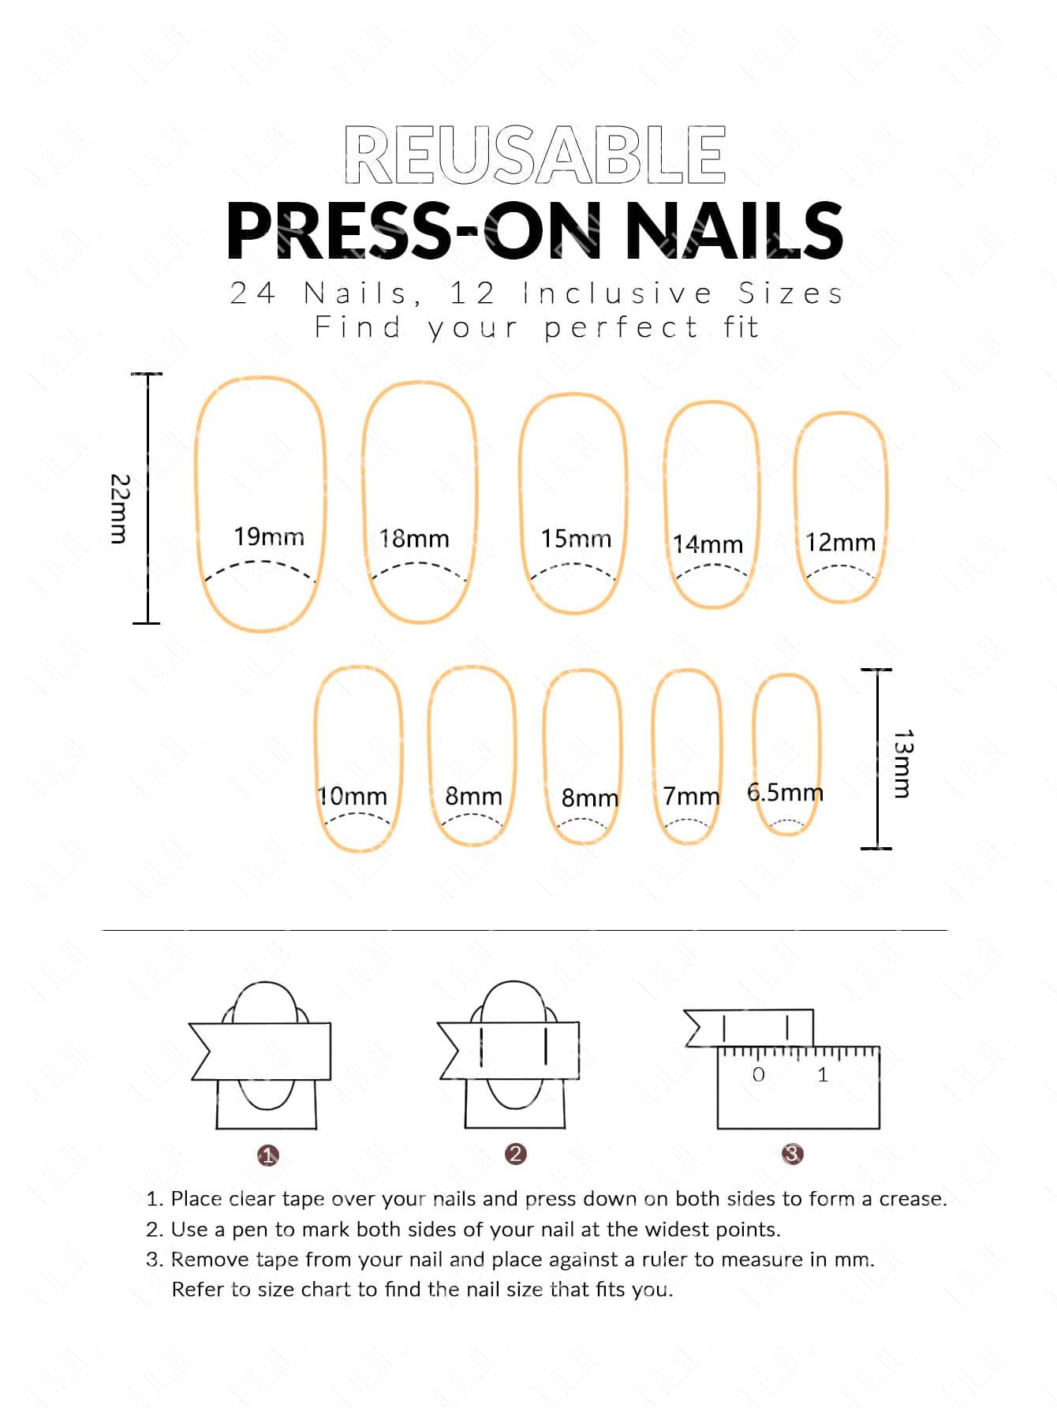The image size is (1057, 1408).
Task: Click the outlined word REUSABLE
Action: (535, 155)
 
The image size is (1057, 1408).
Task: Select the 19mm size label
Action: (269, 537)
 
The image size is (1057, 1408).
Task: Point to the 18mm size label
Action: (414, 539)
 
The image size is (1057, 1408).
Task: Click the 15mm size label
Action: (576, 539)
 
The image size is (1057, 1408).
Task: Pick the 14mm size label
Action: (708, 544)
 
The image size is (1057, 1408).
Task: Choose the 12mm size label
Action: (840, 543)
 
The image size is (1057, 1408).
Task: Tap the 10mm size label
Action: (353, 796)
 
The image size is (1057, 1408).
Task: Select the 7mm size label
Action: (691, 797)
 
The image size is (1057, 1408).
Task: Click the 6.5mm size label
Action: (785, 792)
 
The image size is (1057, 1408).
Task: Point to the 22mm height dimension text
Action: (119, 509)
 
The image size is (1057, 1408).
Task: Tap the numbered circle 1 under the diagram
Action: (268, 1156)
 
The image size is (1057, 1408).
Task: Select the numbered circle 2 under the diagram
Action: (516, 1154)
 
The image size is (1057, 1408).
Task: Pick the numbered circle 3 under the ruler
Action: (792, 1154)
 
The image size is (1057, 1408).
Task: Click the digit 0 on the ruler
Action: (759, 1074)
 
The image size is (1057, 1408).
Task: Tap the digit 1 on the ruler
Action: (823, 1074)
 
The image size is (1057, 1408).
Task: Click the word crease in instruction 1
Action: (913, 1199)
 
